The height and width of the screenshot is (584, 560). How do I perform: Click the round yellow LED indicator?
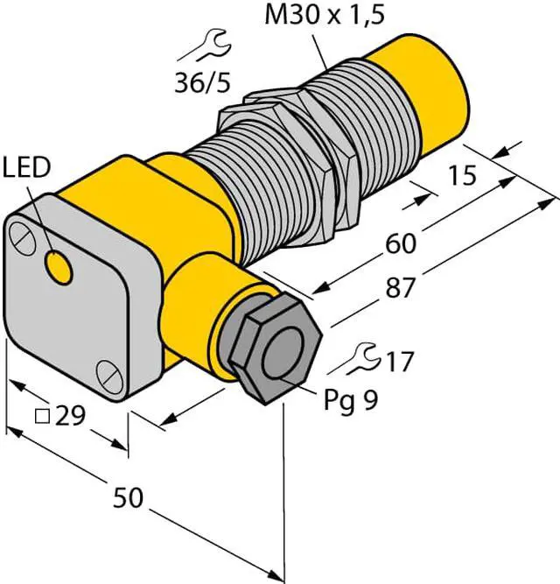59,266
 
